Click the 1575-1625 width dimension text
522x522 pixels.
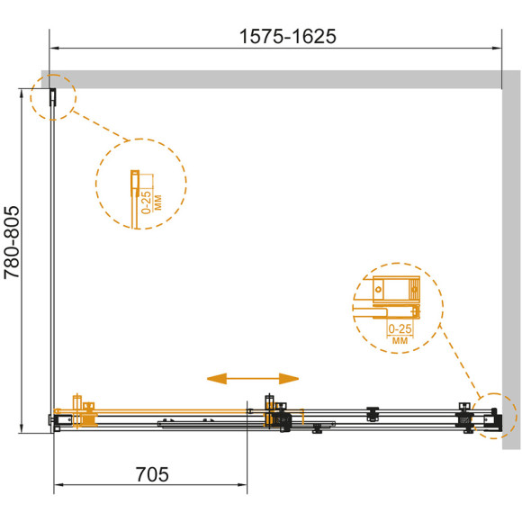coord(288,36)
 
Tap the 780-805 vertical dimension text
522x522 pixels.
coord(12,242)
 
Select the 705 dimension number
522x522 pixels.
coord(152,474)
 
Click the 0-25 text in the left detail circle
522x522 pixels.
coord(146,202)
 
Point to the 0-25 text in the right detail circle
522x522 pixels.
coord(400,328)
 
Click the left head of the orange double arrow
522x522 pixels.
coord(217,379)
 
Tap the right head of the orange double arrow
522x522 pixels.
coord(289,379)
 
